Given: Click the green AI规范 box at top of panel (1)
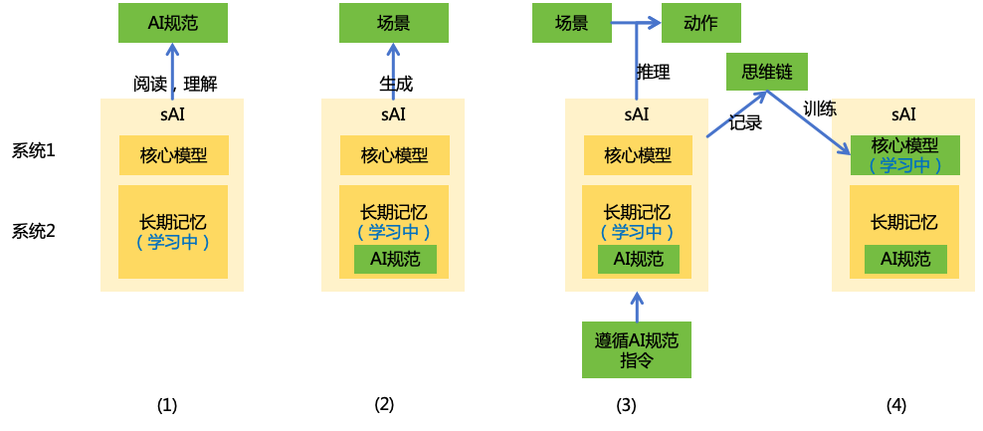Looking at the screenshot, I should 173,23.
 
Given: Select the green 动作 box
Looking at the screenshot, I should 701,23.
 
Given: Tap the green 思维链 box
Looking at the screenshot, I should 766,72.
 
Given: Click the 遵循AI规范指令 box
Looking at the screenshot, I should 637,349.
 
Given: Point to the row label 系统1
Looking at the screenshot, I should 33,151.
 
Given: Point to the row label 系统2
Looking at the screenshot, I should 33,231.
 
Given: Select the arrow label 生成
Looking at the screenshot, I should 394,83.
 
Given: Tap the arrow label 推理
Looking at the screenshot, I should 653,72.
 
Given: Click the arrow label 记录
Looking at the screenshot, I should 745,123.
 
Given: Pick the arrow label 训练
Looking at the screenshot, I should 819,108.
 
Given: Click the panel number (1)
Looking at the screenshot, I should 167,405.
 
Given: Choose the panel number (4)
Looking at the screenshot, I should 896,405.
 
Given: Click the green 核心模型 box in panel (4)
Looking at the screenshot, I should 904,155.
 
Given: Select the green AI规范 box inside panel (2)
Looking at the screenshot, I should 395,259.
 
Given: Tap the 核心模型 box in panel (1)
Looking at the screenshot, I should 174,155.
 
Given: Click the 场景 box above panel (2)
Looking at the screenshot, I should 394,23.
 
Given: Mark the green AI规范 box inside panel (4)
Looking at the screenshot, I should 904,259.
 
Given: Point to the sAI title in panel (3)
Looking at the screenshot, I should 637,114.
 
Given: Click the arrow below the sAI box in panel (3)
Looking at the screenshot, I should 638,306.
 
